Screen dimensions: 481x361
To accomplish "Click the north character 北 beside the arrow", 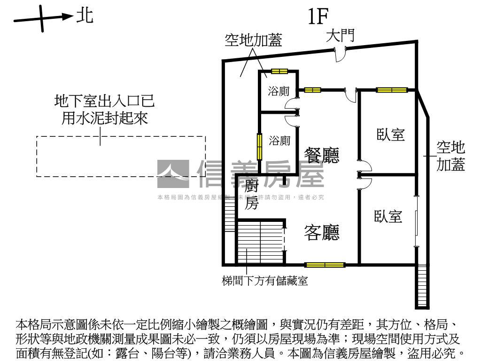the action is click(x=85, y=16).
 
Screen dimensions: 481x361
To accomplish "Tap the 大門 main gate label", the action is click(x=340, y=36).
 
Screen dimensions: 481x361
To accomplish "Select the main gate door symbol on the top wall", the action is click(x=340, y=55).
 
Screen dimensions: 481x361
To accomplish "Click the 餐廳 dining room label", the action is click(x=322, y=156).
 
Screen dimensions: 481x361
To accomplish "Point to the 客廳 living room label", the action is click(x=322, y=232).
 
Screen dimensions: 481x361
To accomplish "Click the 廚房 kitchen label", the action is click(x=252, y=196).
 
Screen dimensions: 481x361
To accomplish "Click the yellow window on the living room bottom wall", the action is click(x=325, y=265).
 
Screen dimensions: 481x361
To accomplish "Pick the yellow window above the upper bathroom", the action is click(x=279, y=71).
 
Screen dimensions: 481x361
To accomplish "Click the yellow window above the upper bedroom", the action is click(x=391, y=89).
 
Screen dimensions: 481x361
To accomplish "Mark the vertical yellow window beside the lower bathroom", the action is click(x=259, y=147).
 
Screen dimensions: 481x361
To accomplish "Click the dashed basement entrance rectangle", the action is click(x=121, y=156).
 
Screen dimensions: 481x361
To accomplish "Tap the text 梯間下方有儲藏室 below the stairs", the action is click(x=265, y=282).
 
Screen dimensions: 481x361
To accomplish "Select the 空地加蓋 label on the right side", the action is click(x=451, y=157).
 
